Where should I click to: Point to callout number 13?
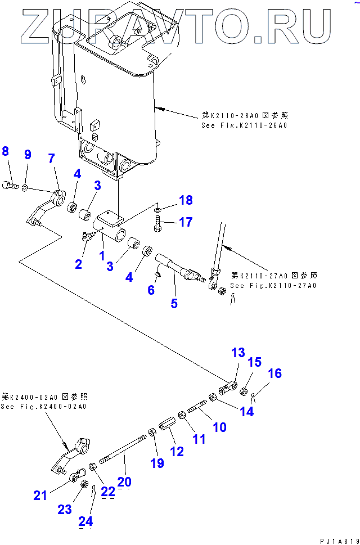click(x=238, y=353)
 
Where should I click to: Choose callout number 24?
click(x=85, y=521)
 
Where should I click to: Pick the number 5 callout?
click(x=174, y=304)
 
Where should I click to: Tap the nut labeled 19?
click(x=152, y=433)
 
